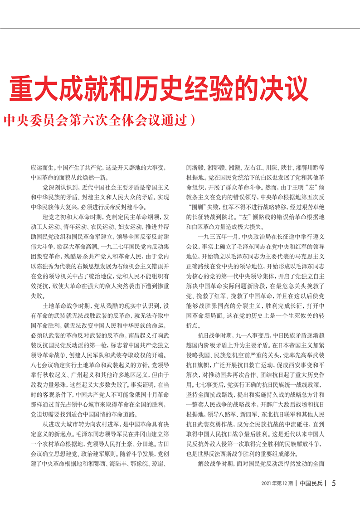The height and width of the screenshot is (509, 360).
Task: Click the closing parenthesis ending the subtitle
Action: (x=194, y=120)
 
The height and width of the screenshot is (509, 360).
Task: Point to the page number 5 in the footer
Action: (x=333, y=483)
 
